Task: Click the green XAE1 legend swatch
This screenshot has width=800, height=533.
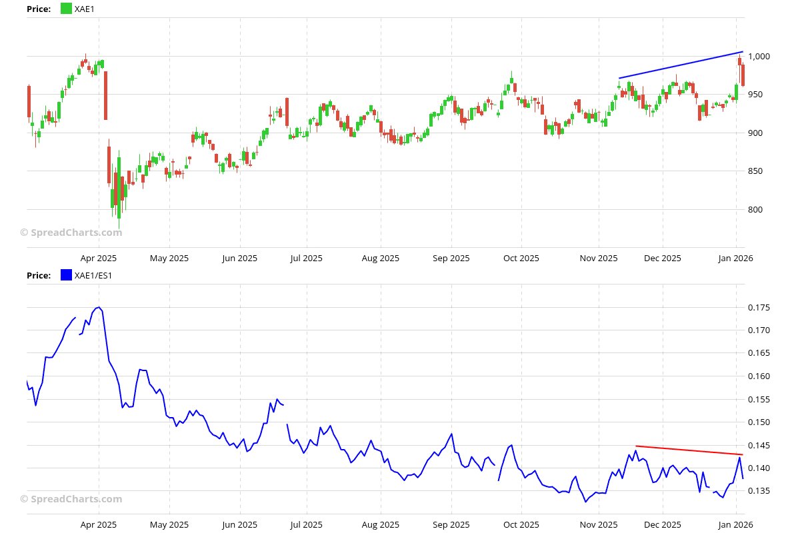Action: [x=66, y=9]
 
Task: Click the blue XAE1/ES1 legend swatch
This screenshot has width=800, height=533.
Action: [x=66, y=275]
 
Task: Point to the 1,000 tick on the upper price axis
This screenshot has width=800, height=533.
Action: [x=760, y=57]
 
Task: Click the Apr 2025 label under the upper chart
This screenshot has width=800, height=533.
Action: [x=99, y=259]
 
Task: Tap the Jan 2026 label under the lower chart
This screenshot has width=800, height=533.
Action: [x=736, y=525]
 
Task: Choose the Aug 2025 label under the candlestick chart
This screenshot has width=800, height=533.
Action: [x=381, y=259]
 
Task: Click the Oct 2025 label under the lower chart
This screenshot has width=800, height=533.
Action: [x=521, y=525]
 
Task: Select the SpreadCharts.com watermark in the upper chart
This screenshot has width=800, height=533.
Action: [x=71, y=233]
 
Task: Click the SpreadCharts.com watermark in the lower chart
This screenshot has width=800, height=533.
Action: [x=71, y=499]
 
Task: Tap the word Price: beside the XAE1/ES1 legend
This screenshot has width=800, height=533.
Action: [x=39, y=275]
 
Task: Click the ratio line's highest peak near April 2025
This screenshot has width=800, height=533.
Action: [x=99, y=307]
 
